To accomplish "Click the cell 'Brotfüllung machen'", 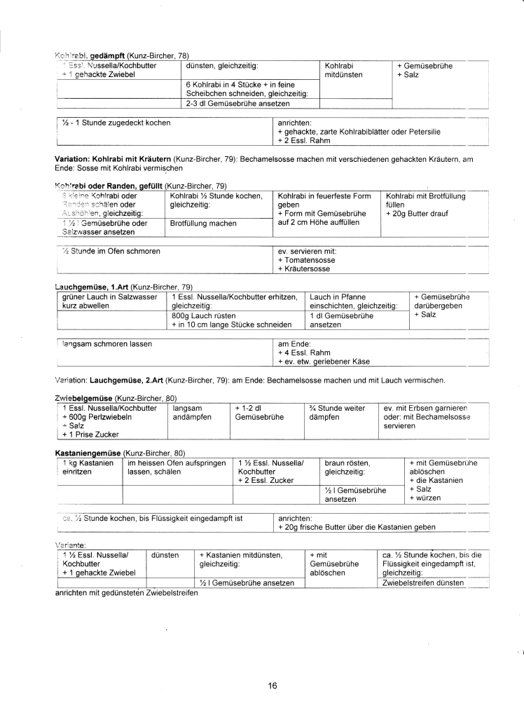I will pos(202,224).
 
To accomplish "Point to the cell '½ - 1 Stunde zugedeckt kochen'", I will pos(116,123).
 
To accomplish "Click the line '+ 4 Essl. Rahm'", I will pos(304,353).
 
